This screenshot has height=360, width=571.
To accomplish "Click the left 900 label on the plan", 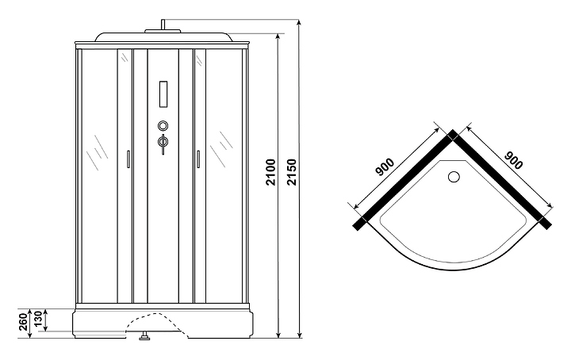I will coord(385,168).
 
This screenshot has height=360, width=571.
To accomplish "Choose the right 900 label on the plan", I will coord(514,161).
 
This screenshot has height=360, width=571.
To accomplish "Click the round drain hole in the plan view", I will coord(456,178).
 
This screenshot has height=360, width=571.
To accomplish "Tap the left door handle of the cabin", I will coord(127,159).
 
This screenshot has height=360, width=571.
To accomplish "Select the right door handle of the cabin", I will coord(197,159).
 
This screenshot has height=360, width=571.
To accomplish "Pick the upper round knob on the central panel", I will coord(163,125).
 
